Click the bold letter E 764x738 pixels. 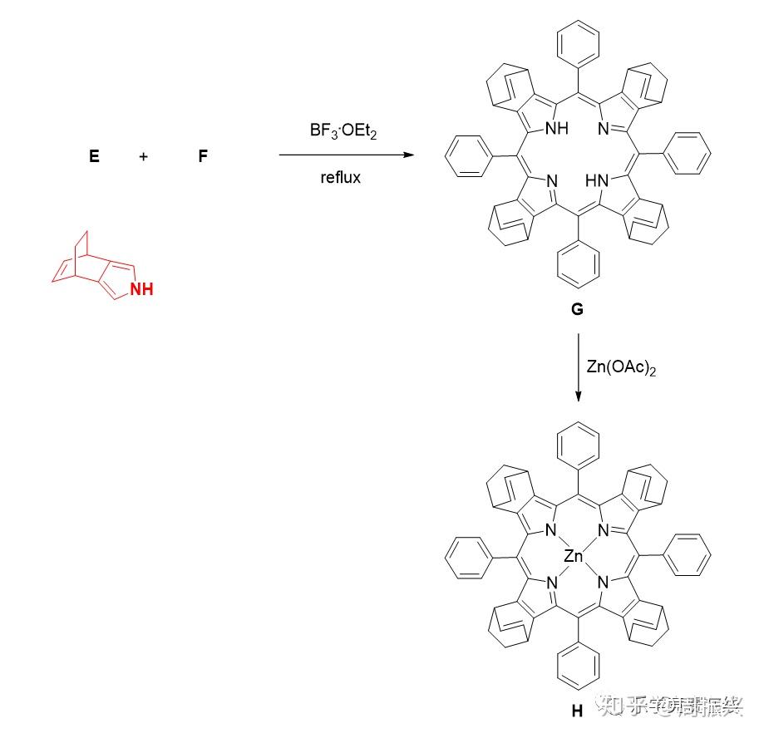(94, 155)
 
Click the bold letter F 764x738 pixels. (203, 155)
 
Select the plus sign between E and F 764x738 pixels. (144, 155)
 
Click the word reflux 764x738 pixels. (340, 177)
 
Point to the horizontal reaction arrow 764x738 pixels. (345, 155)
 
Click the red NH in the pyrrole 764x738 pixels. (140, 289)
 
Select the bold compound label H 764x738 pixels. (577, 711)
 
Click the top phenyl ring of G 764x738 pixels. (579, 39)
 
